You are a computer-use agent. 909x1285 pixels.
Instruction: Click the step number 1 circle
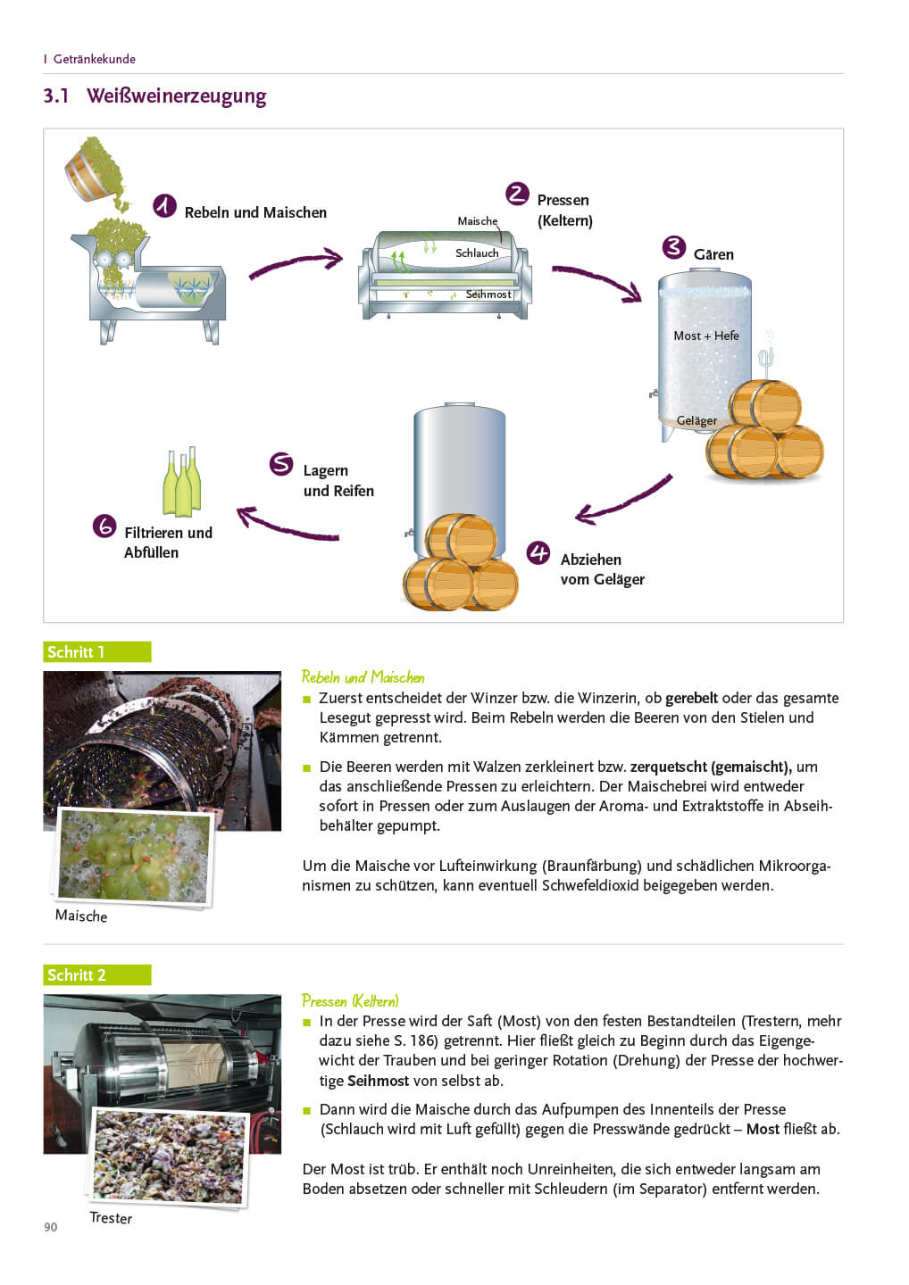pos(164,206)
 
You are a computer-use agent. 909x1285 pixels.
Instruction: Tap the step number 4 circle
pos(538,553)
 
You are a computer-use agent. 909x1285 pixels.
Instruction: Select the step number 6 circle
pos(104,526)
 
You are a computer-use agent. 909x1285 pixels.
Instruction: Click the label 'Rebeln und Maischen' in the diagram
pos(255,212)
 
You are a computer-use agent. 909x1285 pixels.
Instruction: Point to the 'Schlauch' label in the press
pos(477,253)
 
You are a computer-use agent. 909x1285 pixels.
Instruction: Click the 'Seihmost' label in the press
pos(488,294)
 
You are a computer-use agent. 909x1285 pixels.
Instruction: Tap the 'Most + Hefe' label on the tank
pos(706,336)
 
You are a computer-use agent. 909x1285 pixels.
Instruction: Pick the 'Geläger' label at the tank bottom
pos(696,420)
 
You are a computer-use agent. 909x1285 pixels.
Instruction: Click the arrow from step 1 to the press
pos(296,264)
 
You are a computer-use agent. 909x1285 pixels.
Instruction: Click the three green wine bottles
pos(181,484)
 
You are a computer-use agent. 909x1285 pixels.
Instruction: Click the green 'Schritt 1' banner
pos(96,652)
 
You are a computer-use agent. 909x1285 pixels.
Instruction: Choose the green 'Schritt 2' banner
pos(96,975)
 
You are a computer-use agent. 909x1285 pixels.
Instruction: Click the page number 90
pos(51,1227)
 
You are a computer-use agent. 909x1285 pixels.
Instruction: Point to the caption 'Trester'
pos(111,1218)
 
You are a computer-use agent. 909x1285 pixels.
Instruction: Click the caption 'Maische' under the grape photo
pos(81,916)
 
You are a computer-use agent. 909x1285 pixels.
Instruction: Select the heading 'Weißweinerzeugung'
pos(176,96)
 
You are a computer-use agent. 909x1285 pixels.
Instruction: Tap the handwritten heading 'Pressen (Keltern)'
pos(350,1000)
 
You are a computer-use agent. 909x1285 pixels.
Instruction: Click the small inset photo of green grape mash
pos(134,856)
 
